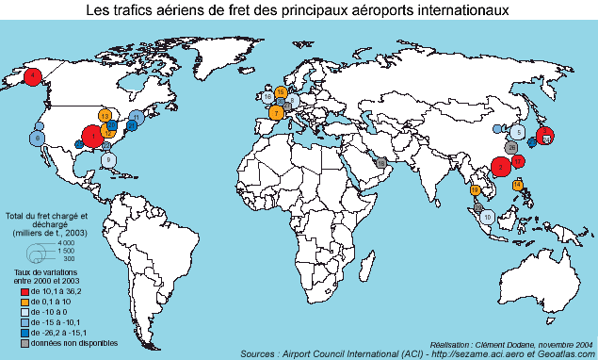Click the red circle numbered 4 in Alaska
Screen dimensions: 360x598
tap(33, 75)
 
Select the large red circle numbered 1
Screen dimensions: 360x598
tap(93, 137)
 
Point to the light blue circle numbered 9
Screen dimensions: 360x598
tap(109, 160)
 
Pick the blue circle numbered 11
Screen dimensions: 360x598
tap(137, 118)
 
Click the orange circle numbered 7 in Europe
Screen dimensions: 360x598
tap(276, 112)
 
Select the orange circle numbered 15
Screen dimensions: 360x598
tap(281, 91)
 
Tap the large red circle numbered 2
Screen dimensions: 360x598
tap(502, 168)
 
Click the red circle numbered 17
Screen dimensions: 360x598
tap(518, 162)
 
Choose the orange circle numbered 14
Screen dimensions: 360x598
tap(518, 185)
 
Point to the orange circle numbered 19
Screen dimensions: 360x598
tap(475, 190)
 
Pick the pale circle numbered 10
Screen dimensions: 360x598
tap(487, 217)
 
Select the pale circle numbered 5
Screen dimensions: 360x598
tap(519, 133)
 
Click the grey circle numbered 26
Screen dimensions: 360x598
tap(510, 147)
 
